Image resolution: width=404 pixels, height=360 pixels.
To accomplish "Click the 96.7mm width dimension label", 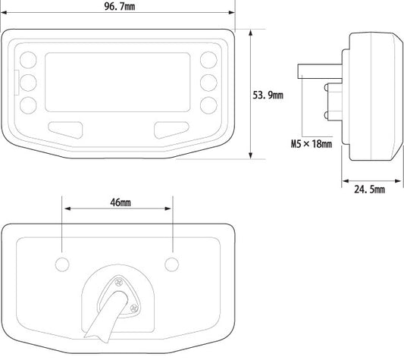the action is [120, 6].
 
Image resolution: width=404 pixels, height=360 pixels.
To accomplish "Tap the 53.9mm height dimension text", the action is [268, 95].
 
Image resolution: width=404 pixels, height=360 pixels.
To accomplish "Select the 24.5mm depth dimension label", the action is [369, 189].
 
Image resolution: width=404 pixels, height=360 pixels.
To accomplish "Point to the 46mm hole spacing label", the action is [121, 202].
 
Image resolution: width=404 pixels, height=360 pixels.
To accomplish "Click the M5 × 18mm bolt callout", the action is [312, 144].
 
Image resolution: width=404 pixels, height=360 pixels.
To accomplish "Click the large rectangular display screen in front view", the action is [117, 82].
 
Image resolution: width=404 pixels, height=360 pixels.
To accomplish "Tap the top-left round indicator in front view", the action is [28, 60].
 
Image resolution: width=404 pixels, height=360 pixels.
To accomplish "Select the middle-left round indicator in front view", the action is [28, 83].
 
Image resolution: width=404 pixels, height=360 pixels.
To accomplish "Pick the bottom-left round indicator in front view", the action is [28, 105].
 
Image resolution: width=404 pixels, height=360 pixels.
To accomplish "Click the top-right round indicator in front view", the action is [208, 60].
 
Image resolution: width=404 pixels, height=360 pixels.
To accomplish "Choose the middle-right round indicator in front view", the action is [208, 83].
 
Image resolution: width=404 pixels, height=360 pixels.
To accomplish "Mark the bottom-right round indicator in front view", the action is [208, 105].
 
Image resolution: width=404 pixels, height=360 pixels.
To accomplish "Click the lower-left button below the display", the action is [66, 130].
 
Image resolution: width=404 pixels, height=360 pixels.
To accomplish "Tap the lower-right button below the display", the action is [171, 130].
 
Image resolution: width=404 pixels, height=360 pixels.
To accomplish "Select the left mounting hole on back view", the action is [62, 265].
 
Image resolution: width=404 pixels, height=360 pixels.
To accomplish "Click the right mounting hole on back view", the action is [172, 265].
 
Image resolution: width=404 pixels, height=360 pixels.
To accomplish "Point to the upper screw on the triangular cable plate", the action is [118, 283].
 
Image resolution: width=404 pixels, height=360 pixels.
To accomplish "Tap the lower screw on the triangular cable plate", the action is [134, 308].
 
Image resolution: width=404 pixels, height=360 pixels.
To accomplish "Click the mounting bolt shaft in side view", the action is [320, 71].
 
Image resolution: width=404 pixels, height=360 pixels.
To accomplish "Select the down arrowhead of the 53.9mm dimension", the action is [250, 155].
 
